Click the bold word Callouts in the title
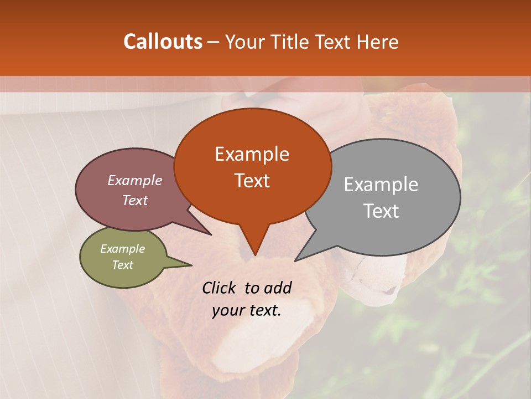click(163, 42)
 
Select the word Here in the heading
click(378, 42)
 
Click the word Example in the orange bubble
click(252, 154)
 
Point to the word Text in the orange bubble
click(252, 181)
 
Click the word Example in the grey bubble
click(381, 185)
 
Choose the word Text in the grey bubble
click(381, 211)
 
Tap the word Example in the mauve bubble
click(135, 180)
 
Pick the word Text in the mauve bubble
click(135, 200)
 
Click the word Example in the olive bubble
click(122, 249)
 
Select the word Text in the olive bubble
click(122, 265)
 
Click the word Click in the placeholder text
click(220, 288)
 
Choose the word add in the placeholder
click(277, 288)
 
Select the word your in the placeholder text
click(228, 310)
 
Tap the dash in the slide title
click(214, 42)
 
